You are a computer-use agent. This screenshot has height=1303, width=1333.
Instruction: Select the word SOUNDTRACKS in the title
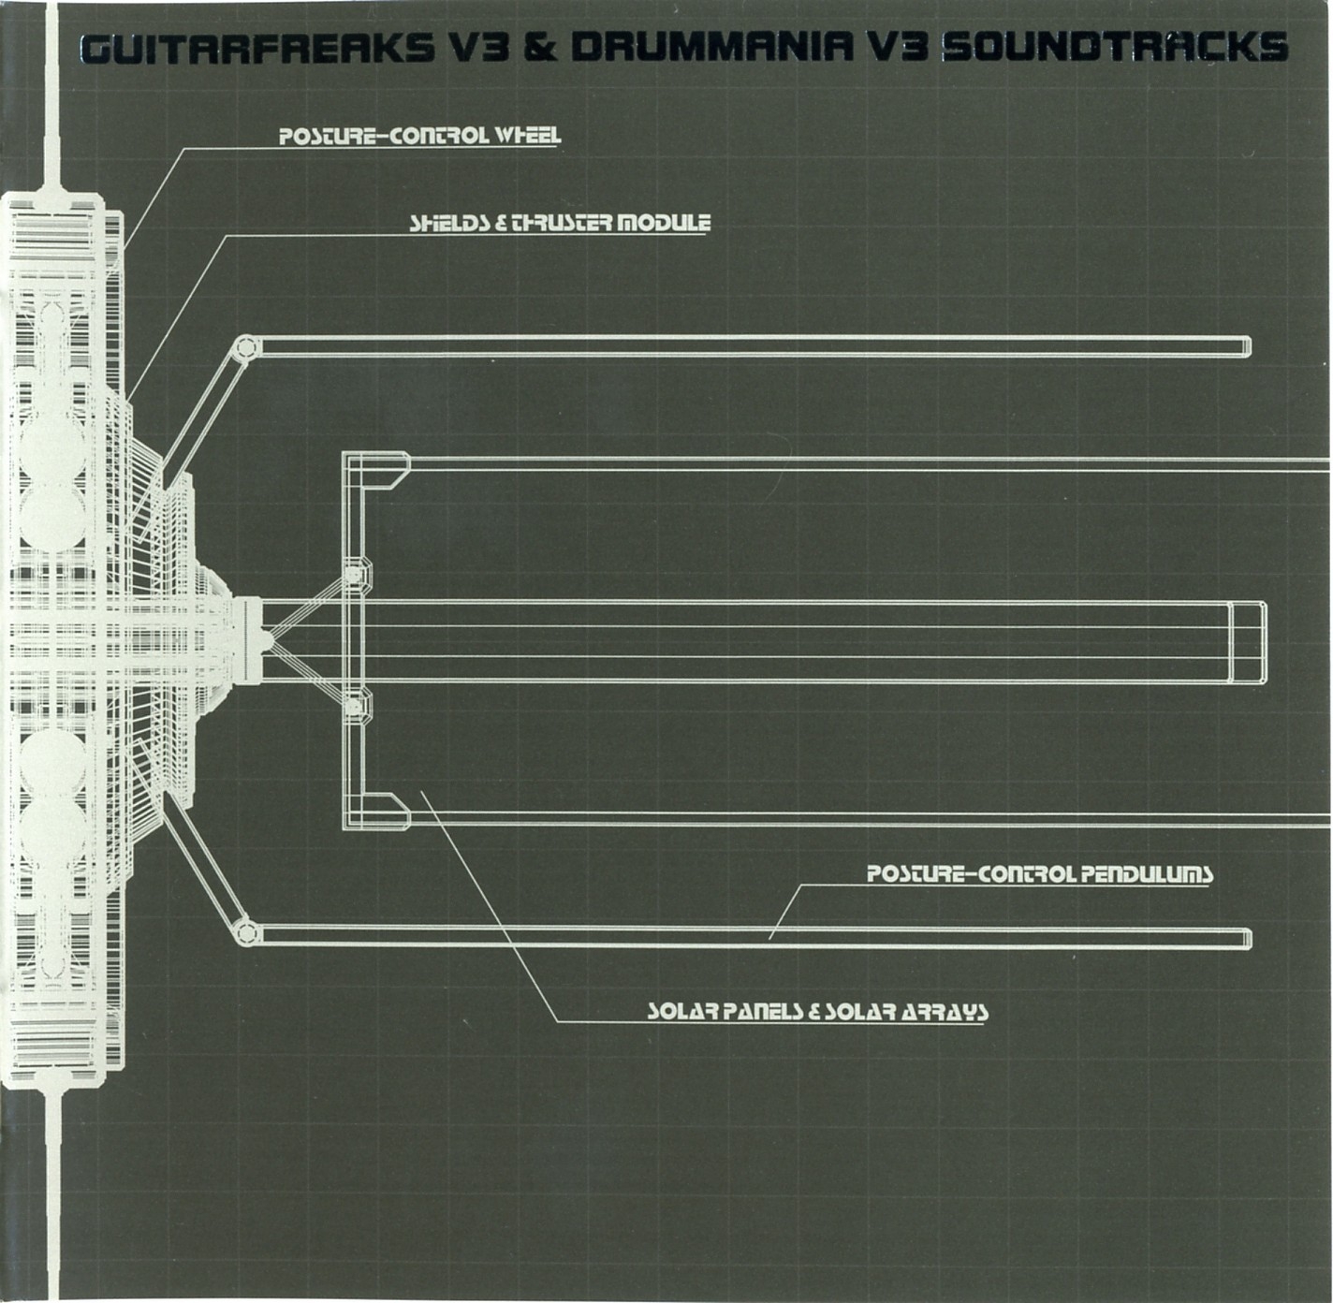pos(1114,48)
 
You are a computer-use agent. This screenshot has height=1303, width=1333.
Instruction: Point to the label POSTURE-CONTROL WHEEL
pos(420,136)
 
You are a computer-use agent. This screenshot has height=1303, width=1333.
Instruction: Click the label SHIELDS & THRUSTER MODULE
pos(560,223)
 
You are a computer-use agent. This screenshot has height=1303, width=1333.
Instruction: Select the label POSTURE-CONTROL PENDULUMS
pos(1039,874)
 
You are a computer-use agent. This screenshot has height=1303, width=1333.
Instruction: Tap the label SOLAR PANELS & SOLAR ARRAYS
pos(818,1012)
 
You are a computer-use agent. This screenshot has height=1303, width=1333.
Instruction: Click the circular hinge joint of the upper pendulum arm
pos(246,347)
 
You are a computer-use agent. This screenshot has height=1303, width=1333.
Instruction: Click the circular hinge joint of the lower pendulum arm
pos(246,931)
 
